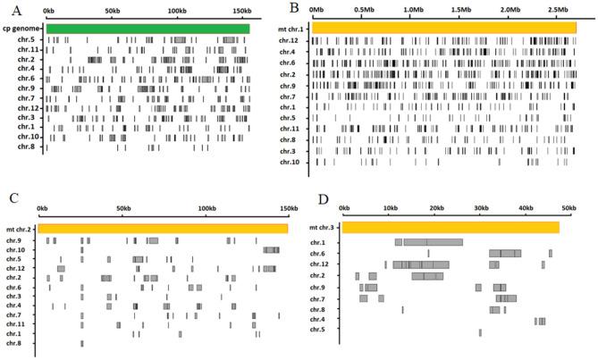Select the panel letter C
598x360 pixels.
11,198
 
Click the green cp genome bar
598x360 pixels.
147,29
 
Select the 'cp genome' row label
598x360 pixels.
23,29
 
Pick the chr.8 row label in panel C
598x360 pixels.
13,343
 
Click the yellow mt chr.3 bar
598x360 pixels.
451,228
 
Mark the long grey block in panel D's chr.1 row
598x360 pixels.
434,242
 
